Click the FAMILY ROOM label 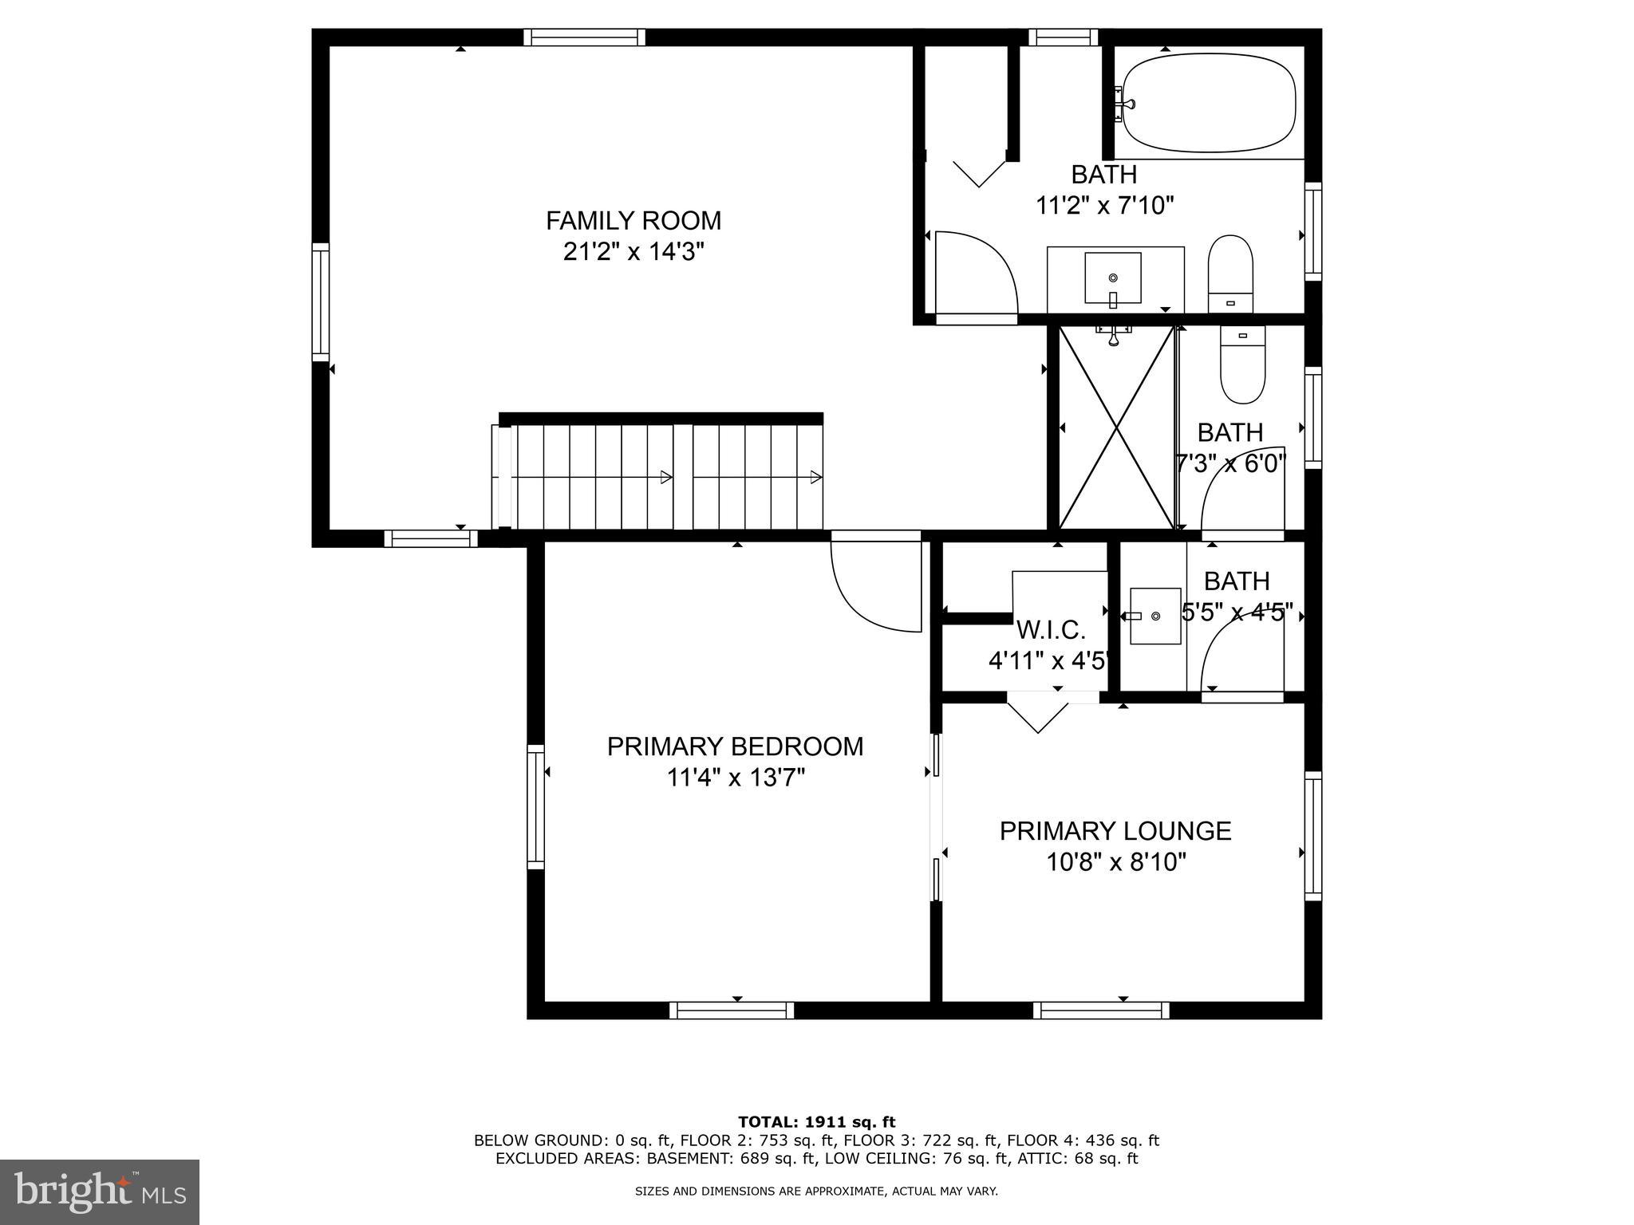point(633,220)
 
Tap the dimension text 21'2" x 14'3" point(633,252)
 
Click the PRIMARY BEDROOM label point(735,746)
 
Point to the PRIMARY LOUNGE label point(1115,831)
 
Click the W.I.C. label point(1050,630)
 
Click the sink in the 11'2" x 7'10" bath point(1113,278)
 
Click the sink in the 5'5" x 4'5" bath point(1154,616)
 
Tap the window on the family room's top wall point(584,37)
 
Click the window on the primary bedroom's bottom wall point(732,1010)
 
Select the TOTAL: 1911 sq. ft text point(816,1122)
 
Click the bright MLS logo point(100,1192)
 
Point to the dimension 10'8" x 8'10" point(1116,862)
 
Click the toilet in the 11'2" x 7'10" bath point(1231,274)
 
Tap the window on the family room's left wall point(320,302)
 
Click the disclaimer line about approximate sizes point(816,1192)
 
